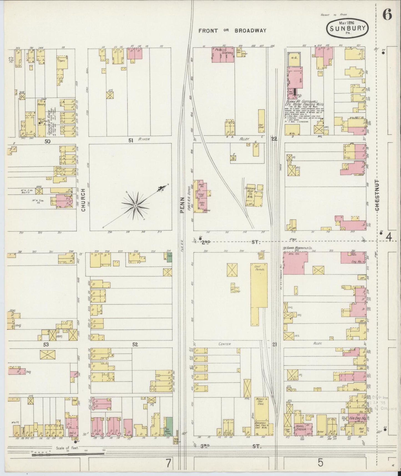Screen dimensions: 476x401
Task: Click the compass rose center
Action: [x=135, y=206]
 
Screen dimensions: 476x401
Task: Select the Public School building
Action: [x=223, y=54]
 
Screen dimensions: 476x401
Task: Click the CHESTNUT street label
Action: [x=377, y=195]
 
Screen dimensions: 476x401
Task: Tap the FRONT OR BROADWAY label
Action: [x=232, y=31]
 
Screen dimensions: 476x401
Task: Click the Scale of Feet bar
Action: [x=68, y=454]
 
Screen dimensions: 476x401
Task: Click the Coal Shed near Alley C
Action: [x=261, y=126]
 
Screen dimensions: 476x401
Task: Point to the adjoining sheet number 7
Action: [x=168, y=463]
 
